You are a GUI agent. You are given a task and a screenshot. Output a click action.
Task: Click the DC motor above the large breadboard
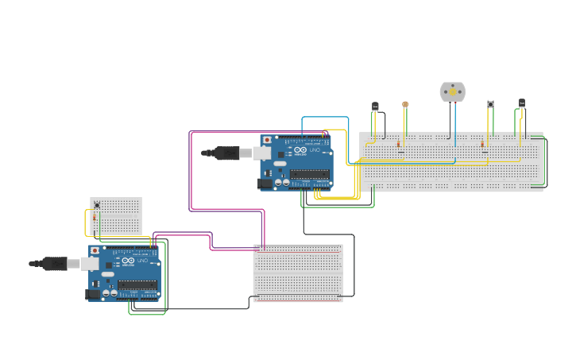click(x=452, y=91)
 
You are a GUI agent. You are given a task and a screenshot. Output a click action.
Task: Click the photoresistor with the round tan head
click(x=405, y=104)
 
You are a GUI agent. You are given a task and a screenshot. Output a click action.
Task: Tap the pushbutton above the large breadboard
click(x=490, y=104)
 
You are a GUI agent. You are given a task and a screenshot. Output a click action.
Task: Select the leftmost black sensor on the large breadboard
click(x=375, y=106)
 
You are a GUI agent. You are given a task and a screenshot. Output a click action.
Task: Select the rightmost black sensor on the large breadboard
click(x=521, y=103)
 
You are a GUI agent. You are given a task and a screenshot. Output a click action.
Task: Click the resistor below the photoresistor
click(x=399, y=144)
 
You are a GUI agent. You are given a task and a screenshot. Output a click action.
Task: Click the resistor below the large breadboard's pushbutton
click(x=482, y=144)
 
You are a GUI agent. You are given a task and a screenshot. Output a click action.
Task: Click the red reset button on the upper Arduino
click(x=267, y=140)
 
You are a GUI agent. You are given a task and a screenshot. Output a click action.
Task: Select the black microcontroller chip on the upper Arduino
click(x=309, y=174)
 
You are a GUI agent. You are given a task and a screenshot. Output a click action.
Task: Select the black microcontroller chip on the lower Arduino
click(x=137, y=285)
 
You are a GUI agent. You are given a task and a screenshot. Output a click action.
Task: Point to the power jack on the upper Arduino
click(x=265, y=183)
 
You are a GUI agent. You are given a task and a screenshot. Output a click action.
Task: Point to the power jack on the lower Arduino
click(x=92, y=294)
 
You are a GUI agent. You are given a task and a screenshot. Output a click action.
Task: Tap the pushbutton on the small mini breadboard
click(x=97, y=204)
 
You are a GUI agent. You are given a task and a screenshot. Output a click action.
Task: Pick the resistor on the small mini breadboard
click(x=95, y=217)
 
